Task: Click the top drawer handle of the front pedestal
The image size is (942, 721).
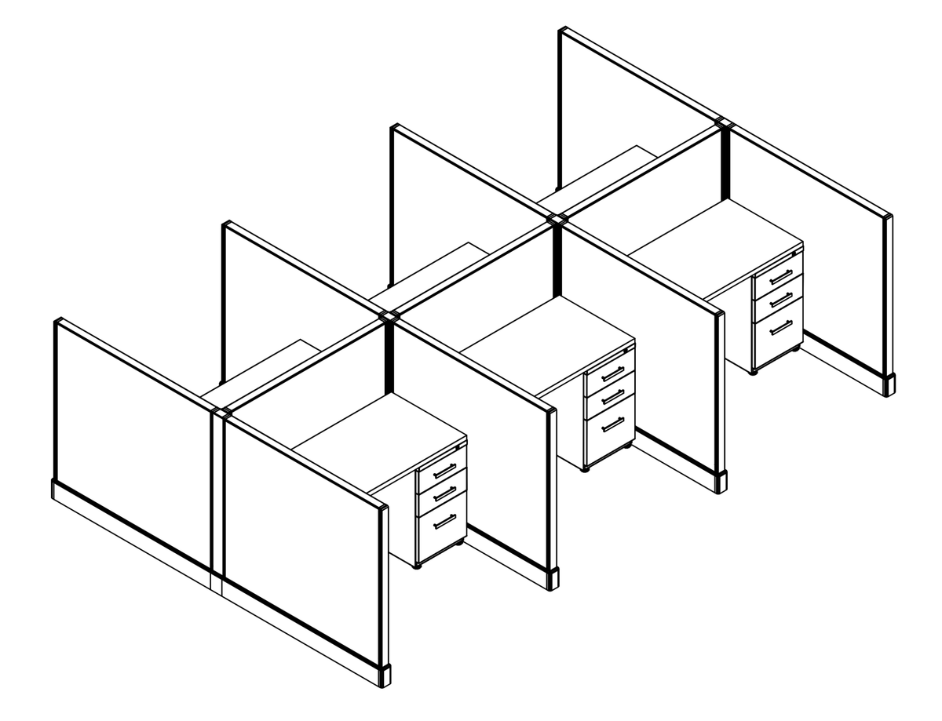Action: [444, 471]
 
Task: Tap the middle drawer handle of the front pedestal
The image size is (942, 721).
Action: [444, 493]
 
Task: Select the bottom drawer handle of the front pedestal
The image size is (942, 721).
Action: [444, 521]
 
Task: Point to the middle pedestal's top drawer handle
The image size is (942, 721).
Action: [612, 373]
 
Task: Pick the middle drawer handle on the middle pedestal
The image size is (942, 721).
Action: [612, 396]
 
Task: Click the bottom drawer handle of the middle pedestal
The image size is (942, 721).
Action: [612, 424]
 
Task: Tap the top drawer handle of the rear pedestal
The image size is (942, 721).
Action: [780, 276]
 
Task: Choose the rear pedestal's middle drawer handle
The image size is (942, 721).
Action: [780, 299]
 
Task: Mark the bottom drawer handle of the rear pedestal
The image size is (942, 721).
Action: [780, 326]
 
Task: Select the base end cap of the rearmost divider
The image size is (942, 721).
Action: [889, 384]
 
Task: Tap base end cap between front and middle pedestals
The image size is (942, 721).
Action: [553, 578]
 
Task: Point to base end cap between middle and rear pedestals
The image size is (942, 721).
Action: [721, 481]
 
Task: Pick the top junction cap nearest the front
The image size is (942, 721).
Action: [221, 411]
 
